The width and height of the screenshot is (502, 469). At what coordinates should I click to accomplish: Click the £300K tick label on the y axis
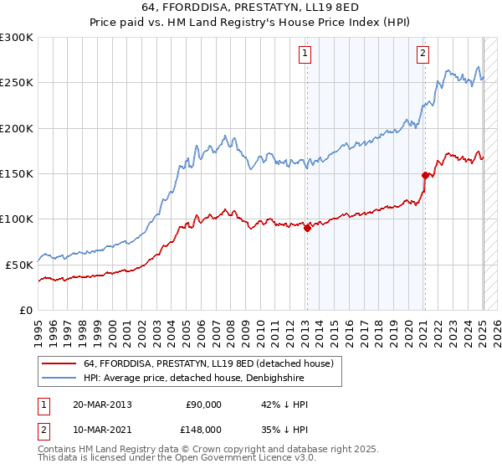coord(17,38)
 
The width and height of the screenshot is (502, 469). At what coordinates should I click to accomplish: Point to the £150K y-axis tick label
coord(17,173)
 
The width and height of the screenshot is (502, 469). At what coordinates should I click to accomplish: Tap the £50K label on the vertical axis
coord(20,264)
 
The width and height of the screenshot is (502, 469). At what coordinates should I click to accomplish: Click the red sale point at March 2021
coord(425,175)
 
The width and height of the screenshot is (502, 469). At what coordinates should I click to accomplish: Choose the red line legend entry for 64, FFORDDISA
coord(208,363)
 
